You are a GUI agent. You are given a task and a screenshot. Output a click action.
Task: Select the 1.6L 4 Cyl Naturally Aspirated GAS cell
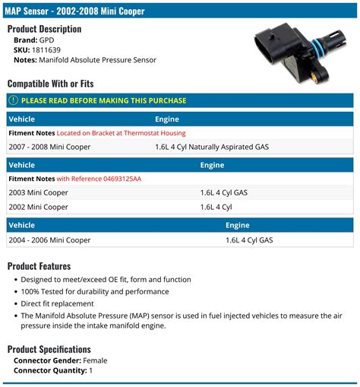click(x=212, y=147)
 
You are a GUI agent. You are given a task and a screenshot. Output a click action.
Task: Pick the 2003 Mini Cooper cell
click(x=38, y=193)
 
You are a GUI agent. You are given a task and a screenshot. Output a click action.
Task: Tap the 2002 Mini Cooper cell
click(x=38, y=207)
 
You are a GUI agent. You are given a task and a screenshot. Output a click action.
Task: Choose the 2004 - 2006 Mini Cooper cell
click(x=49, y=240)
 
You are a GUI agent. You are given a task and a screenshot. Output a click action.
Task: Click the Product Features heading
click(x=39, y=266)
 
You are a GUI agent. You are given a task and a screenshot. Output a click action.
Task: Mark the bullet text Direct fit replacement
click(x=58, y=303)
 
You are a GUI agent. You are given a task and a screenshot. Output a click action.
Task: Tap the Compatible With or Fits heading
click(x=52, y=84)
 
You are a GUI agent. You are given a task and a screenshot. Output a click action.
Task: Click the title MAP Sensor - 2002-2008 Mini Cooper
click(x=76, y=11)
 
